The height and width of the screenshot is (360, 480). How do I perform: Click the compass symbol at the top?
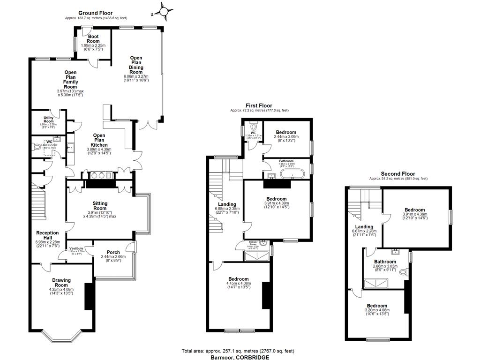163,10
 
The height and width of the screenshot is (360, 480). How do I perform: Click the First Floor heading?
259,106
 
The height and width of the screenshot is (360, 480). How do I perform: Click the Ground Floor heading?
96,13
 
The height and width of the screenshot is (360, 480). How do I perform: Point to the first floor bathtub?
292,174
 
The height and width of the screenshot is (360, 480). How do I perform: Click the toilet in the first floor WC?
254,126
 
